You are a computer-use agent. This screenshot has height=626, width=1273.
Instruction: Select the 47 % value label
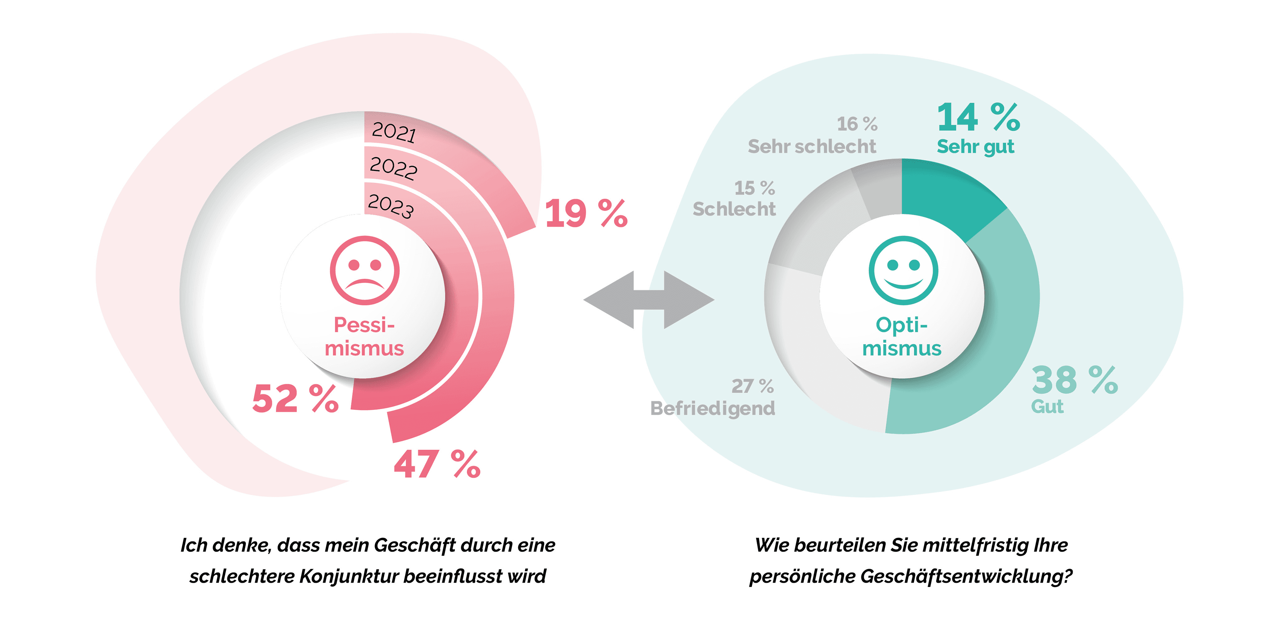point(437,464)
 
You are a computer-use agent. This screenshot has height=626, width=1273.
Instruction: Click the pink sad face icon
point(365,270)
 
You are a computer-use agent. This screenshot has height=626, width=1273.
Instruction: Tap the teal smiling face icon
point(903,270)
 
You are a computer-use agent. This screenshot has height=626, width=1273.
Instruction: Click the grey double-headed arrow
point(648,300)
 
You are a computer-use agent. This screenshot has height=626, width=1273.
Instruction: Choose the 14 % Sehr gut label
point(977,128)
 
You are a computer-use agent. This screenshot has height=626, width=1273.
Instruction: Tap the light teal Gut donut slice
point(1003,336)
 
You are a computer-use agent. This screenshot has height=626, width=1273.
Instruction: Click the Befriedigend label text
point(713,408)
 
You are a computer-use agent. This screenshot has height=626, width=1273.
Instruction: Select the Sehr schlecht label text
point(811,147)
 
